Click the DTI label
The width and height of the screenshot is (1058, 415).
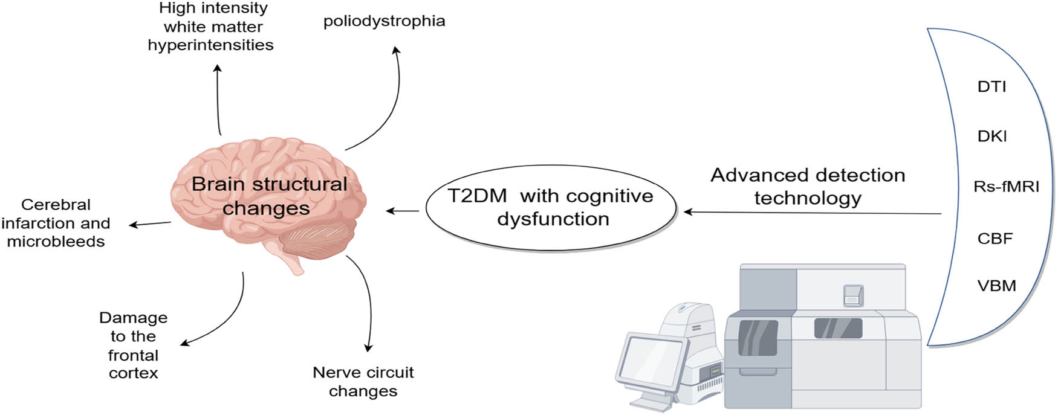click(991, 87)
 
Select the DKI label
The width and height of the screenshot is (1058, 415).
click(992, 137)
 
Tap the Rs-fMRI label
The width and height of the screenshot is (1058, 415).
click(1006, 187)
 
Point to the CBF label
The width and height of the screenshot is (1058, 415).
click(995, 239)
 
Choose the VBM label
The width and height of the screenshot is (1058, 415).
click(996, 286)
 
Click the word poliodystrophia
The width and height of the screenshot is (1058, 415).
click(384, 21)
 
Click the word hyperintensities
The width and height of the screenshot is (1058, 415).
click(210, 45)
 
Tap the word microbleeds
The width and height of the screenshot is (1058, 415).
click(56, 242)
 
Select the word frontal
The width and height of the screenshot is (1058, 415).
click(133, 355)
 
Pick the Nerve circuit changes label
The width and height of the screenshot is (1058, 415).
click(363, 382)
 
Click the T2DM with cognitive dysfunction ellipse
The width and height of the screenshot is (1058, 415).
click(551, 208)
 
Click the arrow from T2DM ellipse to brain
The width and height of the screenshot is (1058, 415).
click(403, 211)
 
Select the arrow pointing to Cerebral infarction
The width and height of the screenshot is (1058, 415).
click(150, 224)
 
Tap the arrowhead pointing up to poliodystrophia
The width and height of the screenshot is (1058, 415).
click(396, 51)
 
